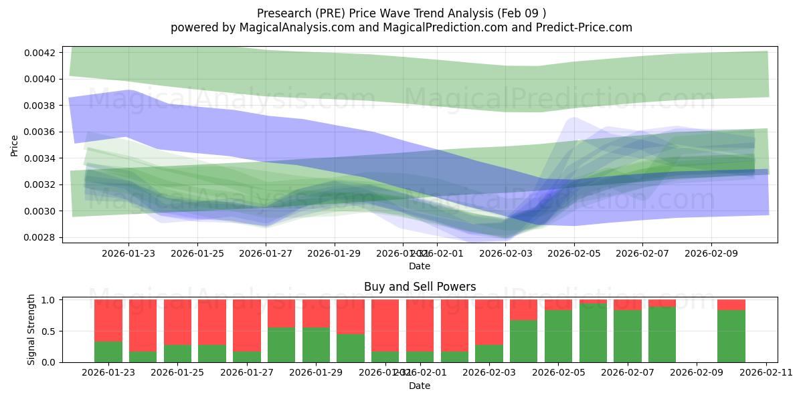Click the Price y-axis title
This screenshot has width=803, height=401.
point(15,145)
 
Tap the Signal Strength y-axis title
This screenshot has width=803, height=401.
point(31,330)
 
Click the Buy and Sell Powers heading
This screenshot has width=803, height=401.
point(420,287)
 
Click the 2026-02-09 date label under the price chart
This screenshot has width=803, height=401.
point(711,254)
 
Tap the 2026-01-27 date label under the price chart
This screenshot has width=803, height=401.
point(266,254)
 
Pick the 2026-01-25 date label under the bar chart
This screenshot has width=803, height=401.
point(178,373)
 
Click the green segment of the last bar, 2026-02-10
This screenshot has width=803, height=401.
point(731,336)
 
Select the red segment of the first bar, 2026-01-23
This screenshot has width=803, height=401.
point(108,320)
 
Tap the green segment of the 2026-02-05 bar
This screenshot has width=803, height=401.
point(558,336)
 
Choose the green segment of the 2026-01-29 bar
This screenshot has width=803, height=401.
point(316,345)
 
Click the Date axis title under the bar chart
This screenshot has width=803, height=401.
point(420,386)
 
